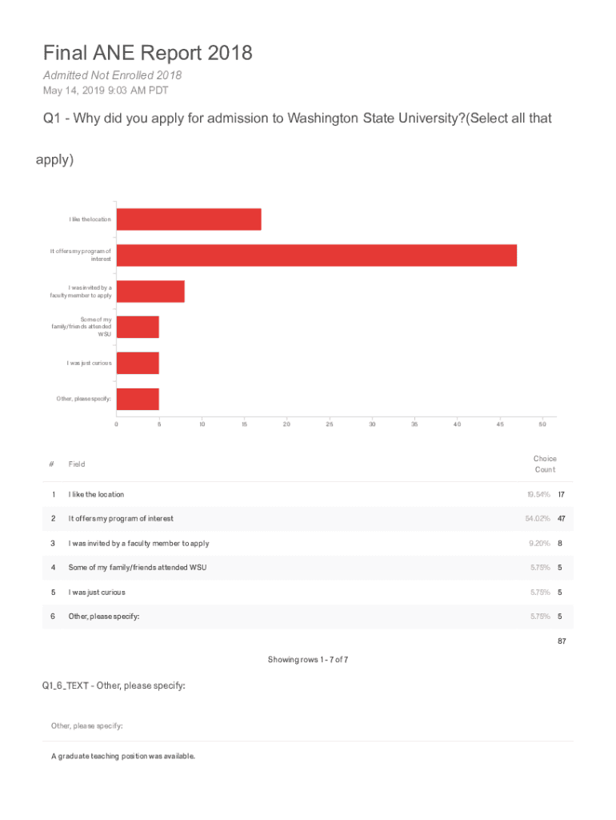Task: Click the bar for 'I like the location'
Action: [189, 219]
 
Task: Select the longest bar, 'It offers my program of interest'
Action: [316, 255]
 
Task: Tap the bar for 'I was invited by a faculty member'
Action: [150, 291]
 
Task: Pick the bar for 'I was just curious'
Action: [138, 364]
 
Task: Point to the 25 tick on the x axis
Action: [330, 424]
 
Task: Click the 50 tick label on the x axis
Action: [542, 424]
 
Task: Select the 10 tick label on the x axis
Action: [202, 424]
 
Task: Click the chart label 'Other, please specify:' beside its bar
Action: [83, 399]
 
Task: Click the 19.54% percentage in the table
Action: [537, 495]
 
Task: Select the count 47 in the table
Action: [562, 519]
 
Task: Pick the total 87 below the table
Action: [562, 641]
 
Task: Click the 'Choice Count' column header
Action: [545, 464]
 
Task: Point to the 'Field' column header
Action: [77, 464]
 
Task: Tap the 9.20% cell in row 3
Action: [539, 543]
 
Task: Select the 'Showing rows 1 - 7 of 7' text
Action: [308, 660]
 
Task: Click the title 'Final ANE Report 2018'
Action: [148, 53]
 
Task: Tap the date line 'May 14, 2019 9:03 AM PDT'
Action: [106, 90]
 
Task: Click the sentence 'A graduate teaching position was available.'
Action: [123, 756]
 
